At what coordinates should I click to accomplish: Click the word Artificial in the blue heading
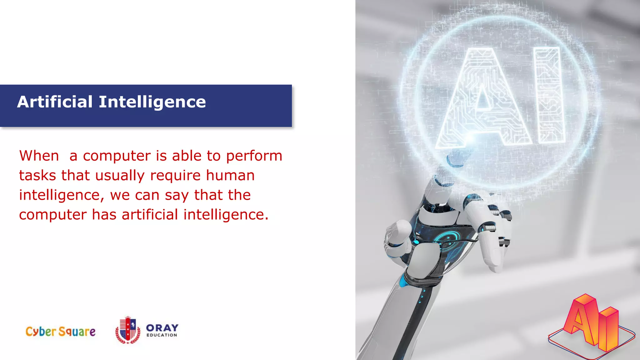55,102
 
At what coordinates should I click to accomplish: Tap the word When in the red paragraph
39,156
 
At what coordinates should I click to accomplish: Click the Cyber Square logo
60,332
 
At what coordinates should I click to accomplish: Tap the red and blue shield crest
128,330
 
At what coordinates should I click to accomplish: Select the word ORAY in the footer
162,328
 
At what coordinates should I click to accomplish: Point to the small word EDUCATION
162,335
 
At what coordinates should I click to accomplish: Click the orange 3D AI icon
592,325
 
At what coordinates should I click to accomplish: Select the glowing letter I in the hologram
549,95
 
